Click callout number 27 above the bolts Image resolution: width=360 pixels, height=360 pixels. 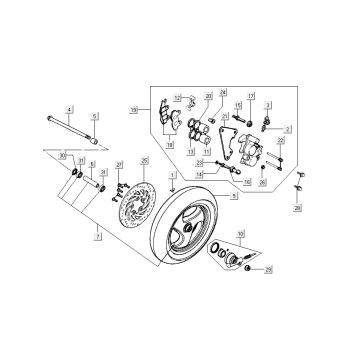(x=118, y=163)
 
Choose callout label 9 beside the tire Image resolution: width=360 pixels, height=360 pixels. (x=234, y=198)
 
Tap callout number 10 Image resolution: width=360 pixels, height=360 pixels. (x=239, y=234)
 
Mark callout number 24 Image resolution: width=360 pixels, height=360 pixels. (x=224, y=92)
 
